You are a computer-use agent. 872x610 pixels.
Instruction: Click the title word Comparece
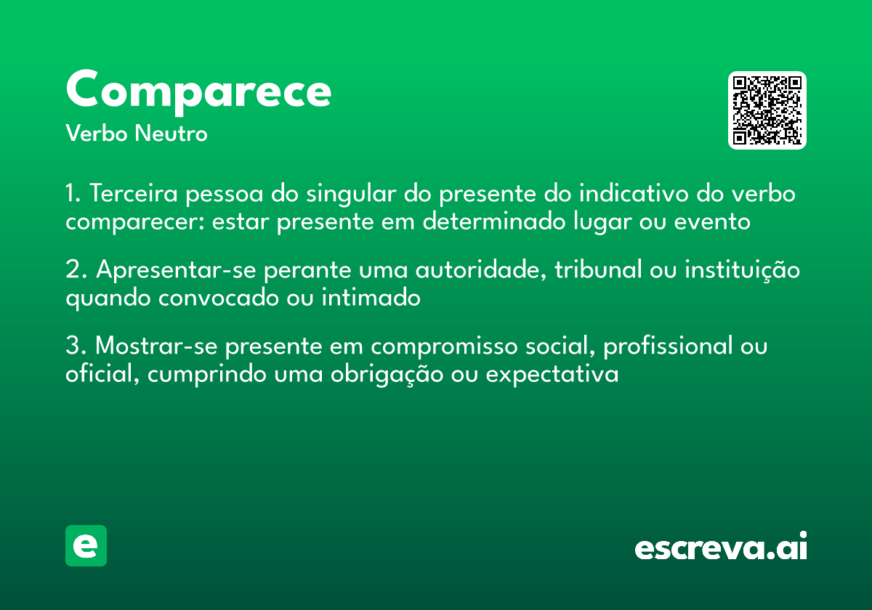click(x=198, y=90)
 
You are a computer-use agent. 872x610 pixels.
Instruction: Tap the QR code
click(x=767, y=110)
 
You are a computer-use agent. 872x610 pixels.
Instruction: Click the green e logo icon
click(x=86, y=545)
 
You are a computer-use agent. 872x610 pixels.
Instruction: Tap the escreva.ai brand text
click(x=721, y=548)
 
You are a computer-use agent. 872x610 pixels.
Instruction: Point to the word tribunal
click(x=598, y=270)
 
